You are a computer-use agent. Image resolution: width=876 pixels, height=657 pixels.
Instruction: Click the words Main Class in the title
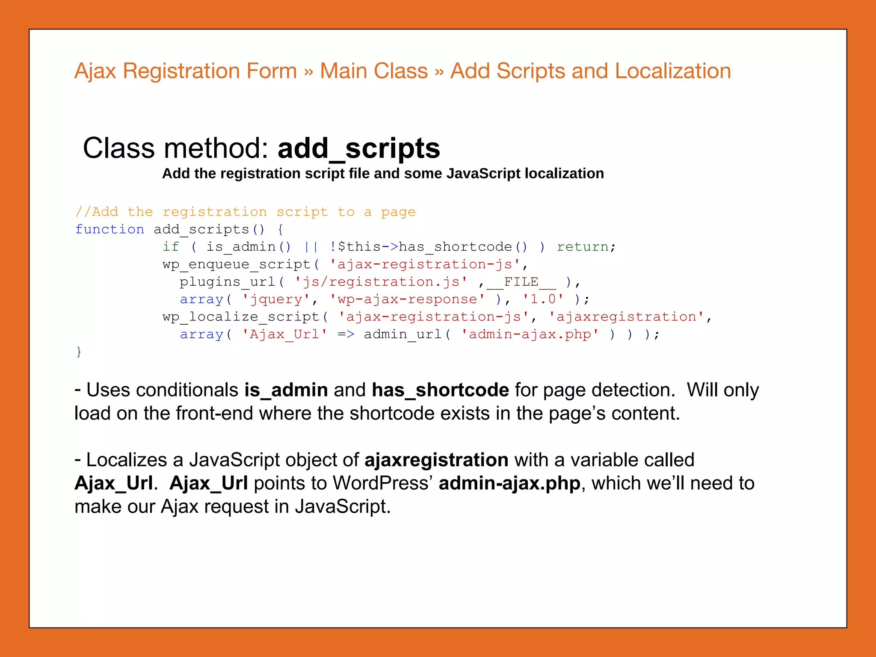(x=373, y=71)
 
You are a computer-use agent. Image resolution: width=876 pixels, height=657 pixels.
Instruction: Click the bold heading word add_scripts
(x=358, y=148)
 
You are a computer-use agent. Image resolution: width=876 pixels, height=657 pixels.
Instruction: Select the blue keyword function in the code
(x=109, y=230)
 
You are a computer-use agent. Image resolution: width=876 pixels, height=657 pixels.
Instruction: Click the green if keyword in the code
(x=171, y=247)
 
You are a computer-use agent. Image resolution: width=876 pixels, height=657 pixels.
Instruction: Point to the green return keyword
(x=583, y=247)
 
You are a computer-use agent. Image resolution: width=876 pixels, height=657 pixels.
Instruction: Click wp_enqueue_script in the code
(x=237, y=264)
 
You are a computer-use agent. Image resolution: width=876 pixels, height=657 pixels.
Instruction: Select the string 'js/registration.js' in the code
(x=381, y=282)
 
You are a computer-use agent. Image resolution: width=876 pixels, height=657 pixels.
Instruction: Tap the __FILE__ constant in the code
(x=521, y=282)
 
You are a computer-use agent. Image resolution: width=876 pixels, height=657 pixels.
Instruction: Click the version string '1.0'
(x=543, y=299)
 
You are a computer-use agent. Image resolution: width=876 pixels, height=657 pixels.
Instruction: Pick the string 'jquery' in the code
(x=276, y=299)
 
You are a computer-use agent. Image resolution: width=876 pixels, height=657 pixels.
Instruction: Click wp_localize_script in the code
(x=241, y=317)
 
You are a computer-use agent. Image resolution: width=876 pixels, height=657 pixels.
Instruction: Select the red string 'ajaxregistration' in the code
(x=626, y=317)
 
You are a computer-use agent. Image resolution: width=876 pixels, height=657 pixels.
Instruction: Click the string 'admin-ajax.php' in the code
(x=530, y=334)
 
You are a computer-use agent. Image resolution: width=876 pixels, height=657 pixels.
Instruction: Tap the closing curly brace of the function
(x=79, y=352)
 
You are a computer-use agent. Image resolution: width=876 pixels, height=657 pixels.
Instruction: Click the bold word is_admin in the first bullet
(x=286, y=390)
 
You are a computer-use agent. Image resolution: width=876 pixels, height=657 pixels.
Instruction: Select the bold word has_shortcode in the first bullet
(x=440, y=390)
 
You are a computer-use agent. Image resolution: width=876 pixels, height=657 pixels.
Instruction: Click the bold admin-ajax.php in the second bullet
(x=509, y=483)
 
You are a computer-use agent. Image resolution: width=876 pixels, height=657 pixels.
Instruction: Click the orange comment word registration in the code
(x=215, y=212)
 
